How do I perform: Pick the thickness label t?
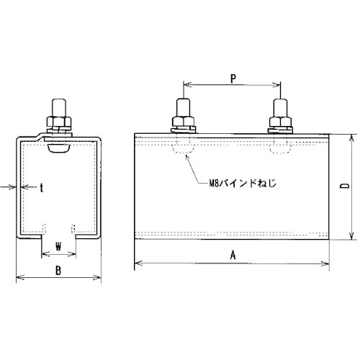coord(42,188)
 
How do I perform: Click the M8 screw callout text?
coord(242,183)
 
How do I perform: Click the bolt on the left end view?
coord(59,116)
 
